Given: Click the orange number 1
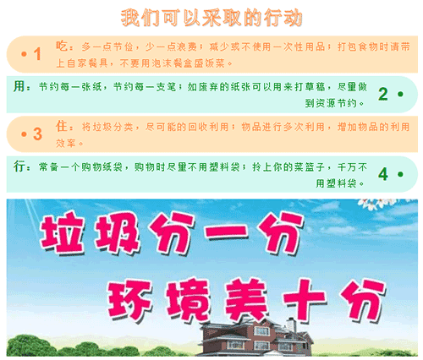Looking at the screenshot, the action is click(37, 54).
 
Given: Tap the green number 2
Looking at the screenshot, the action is click(383, 94).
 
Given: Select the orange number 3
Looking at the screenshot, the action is click(37, 134).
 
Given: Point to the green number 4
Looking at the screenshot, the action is click(383, 174).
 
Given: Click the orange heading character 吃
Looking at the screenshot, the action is click(62, 46).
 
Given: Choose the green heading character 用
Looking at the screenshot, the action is click(19, 86).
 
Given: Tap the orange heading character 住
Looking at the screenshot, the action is click(62, 126).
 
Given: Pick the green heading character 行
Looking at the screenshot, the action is click(19, 166).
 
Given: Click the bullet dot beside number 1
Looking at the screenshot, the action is click(24, 54).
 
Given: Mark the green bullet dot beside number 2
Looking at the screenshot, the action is click(400, 94).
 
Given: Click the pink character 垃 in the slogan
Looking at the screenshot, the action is click(62, 233).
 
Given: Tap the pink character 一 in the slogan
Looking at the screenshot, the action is click(227, 232).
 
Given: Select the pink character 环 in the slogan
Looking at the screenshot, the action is click(129, 299).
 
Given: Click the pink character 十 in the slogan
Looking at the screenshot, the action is click(305, 299).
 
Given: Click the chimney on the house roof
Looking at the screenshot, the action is click(291, 325).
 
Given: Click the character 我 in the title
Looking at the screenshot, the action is click(130, 18).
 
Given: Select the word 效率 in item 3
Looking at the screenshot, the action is click(66, 144).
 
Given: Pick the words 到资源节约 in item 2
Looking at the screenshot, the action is click(331, 103).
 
